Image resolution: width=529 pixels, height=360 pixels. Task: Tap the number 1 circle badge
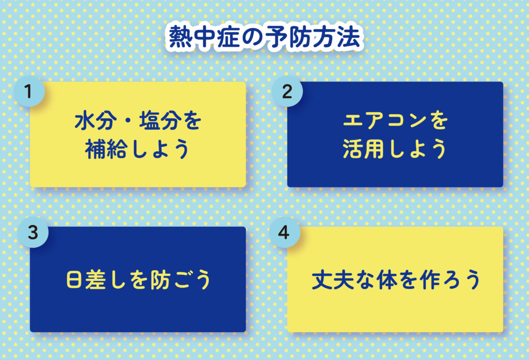29,91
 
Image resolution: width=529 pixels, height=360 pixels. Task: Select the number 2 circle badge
287,91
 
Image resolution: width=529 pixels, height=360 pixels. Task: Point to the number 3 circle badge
33,232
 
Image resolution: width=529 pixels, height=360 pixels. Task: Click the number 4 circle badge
284,232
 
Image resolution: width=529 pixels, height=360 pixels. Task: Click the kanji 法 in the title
349,37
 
